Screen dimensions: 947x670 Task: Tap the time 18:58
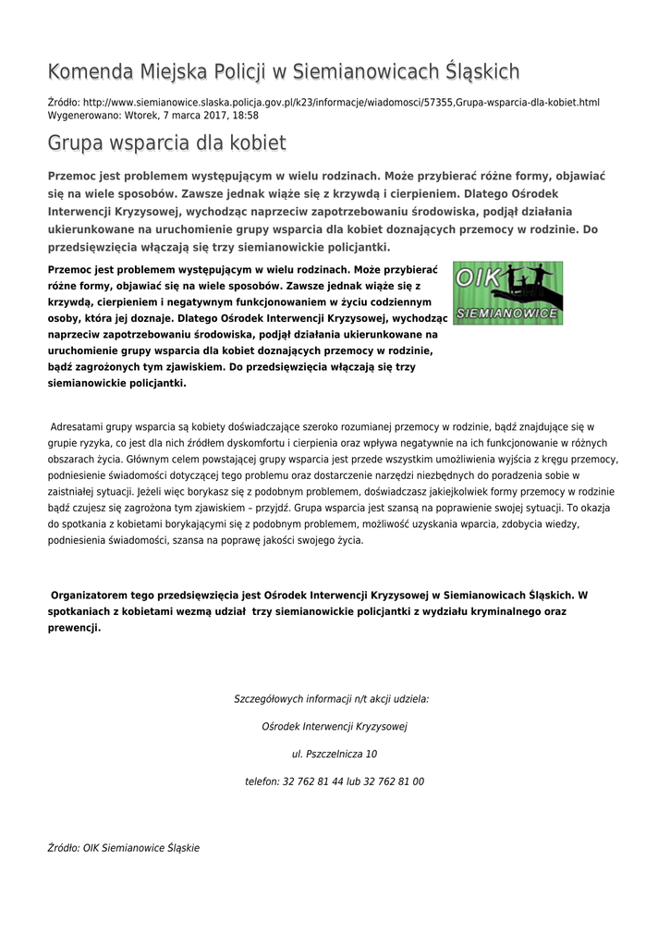click(246, 116)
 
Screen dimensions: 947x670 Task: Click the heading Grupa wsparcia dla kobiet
click(166, 143)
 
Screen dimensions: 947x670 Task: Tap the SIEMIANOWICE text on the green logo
click(507, 314)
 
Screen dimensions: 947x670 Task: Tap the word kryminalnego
click(493, 611)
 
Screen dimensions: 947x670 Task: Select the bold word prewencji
click(74, 627)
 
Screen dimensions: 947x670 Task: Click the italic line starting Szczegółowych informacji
click(331, 699)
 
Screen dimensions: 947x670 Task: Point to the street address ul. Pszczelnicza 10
click(335, 754)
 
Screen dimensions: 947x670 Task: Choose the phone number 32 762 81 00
click(393, 781)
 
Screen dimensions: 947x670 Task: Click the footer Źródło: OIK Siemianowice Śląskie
click(123, 847)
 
